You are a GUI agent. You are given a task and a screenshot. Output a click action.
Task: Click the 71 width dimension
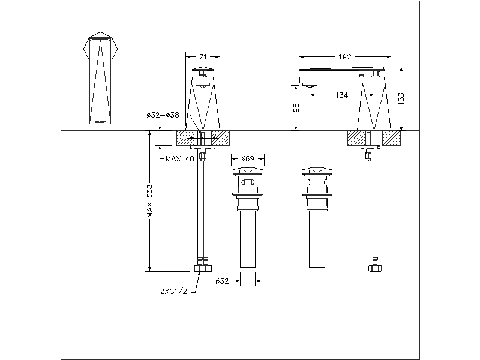tap(203, 56)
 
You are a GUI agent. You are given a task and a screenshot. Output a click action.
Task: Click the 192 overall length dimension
tap(344, 57)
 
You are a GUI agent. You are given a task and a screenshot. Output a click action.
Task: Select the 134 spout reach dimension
tap(341, 94)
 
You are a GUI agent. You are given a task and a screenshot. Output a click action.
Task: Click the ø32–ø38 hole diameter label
tap(162, 115)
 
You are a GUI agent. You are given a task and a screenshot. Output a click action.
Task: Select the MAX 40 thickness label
tap(180, 158)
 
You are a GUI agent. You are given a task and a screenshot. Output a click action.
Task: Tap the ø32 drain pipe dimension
tap(222, 280)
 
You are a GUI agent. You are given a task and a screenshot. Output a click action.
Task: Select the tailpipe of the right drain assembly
tap(317, 240)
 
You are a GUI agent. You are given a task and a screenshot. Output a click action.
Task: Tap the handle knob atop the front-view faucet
tap(203, 71)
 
